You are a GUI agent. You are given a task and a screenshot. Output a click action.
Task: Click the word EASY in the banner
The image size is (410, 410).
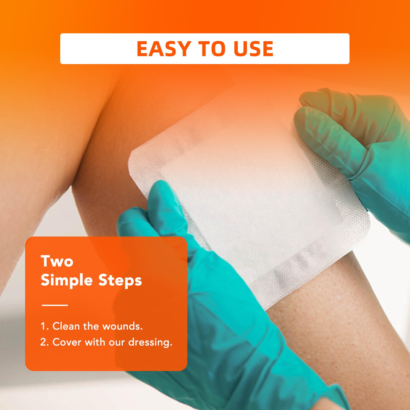coord(163,49)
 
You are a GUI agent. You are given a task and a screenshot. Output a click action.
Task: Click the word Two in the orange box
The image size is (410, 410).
coord(57,261)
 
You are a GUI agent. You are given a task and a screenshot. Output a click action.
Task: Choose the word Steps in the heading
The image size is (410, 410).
coord(120,281)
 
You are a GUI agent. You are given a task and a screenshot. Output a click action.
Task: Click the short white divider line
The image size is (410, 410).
coord(55,305)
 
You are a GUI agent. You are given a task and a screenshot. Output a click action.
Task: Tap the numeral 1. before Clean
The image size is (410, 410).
coord(44,326)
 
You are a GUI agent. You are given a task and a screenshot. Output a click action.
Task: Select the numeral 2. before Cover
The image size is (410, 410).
coord(45,342)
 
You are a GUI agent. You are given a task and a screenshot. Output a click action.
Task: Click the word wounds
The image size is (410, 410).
coord(122,326)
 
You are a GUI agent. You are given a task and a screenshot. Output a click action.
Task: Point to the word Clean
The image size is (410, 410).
coord(66,326)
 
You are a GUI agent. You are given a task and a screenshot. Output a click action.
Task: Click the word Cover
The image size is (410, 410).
coord(67,342)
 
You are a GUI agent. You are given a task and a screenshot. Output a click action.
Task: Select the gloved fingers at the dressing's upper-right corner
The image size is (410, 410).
coord(331,123)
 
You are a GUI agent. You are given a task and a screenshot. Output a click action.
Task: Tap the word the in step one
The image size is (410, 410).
coord(91,326)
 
